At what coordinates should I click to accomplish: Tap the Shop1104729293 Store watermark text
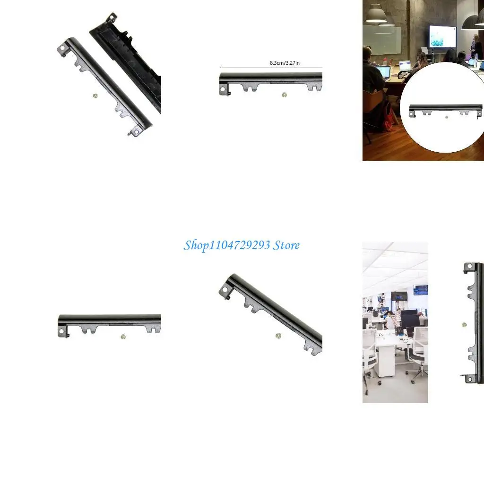pos(242,245)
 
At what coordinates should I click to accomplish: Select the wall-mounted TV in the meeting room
pos(442,36)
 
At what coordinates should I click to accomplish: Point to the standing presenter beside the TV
pos(475,47)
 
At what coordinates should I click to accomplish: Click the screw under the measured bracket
pos(284,95)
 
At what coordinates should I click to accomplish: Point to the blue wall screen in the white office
pos(420,290)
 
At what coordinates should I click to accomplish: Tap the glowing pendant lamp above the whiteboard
pos(376,15)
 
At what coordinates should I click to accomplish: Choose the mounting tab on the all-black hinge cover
pos(111,17)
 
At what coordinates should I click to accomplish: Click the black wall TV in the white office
pos(399,296)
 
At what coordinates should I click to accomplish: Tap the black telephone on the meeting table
pos(403,75)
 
